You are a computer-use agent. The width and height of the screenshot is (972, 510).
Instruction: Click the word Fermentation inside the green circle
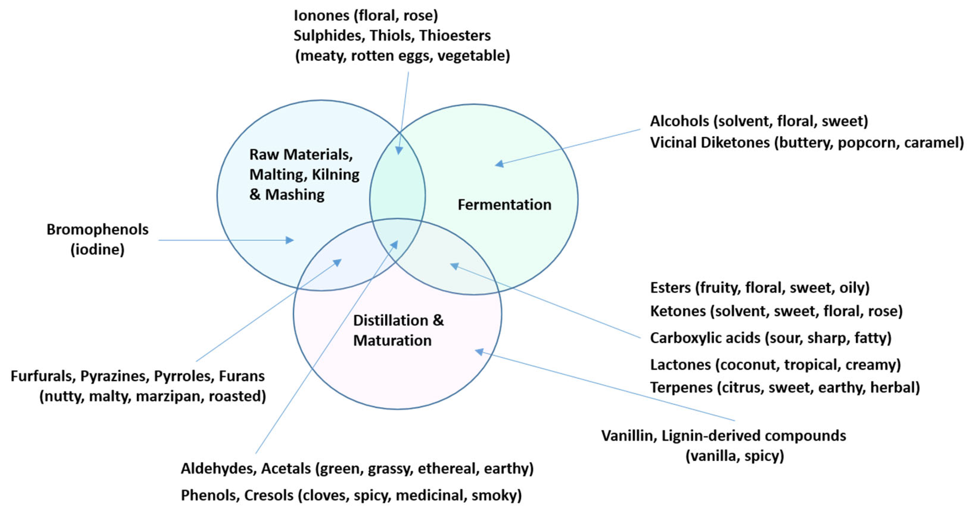504,205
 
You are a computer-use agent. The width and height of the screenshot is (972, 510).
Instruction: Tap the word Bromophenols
97,230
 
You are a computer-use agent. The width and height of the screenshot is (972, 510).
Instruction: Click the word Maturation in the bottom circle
392,341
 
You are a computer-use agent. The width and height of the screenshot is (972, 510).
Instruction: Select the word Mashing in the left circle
295,195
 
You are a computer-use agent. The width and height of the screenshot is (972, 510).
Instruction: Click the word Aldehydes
219,469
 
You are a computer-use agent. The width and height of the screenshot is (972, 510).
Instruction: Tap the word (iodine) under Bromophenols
97,250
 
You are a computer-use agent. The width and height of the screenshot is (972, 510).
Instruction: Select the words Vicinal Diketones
709,143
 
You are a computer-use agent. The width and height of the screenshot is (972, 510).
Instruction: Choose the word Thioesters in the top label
455,36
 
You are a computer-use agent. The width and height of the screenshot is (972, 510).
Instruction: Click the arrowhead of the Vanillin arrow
479,351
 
